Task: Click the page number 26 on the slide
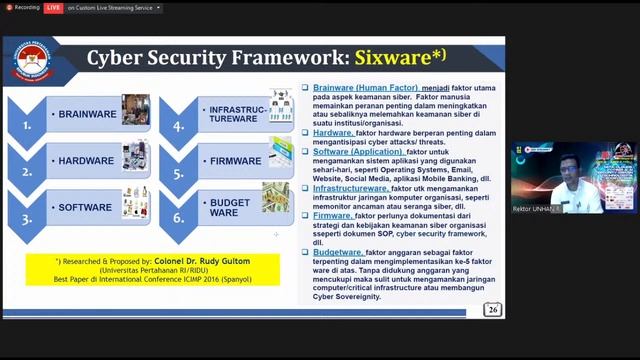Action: coord(492,310)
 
